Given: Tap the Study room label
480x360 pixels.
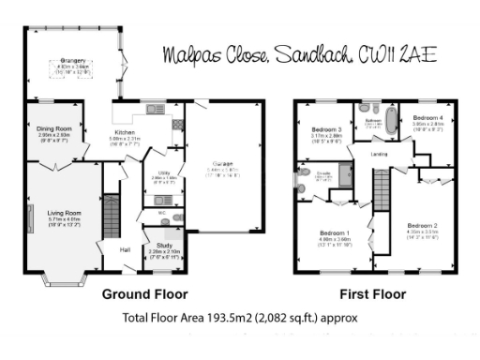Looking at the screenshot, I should [164, 246].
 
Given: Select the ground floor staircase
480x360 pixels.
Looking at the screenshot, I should [111, 215].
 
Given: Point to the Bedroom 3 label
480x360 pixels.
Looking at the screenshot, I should [325, 129].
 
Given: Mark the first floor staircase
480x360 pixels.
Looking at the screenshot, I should [382, 192].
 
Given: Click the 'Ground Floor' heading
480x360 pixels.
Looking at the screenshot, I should [144, 293].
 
